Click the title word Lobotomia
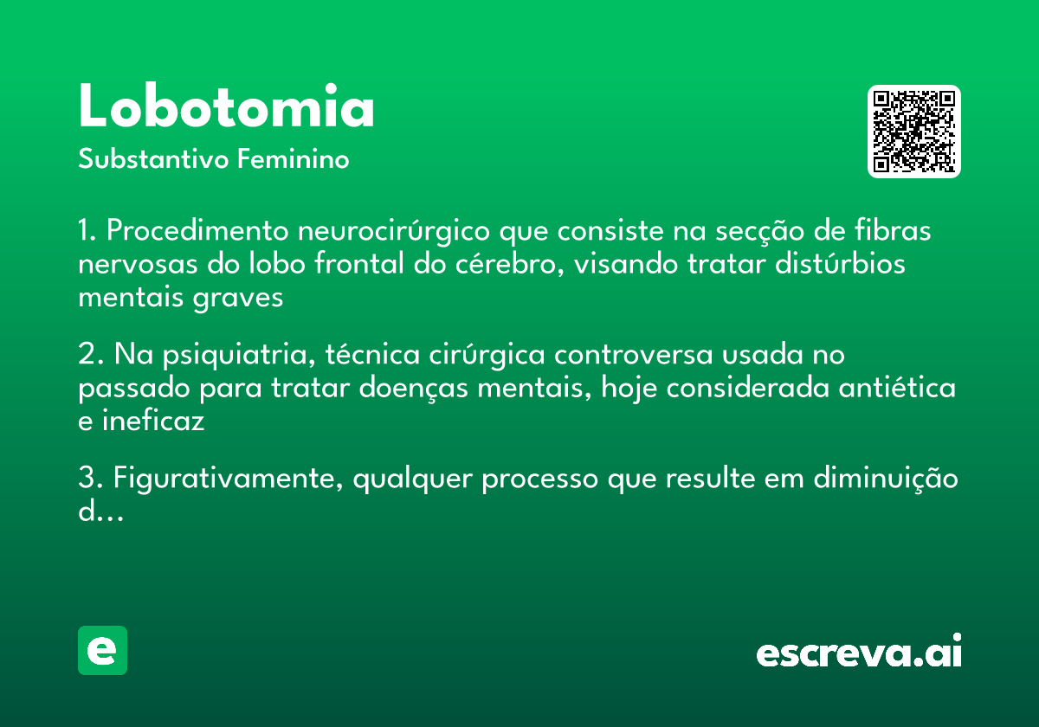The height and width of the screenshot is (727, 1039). pyautogui.click(x=226, y=106)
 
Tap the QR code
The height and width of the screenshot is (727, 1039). pyautogui.click(x=913, y=132)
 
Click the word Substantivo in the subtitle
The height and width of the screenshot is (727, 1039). pyautogui.click(x=153, y=159)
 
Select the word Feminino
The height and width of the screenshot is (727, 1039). pyautogui.click(x=294, y=159)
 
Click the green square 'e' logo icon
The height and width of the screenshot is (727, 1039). pyautogui.click(x=102, y=650)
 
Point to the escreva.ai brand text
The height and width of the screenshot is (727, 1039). pyautogui.click(x=859, y=651)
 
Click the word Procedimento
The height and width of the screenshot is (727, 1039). pyautogui.click(x=197, y=230)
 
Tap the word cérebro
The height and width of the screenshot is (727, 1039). pyautogui.click(x=509, y=265)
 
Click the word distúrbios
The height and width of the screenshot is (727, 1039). pyautogui.click(x=840, y=263)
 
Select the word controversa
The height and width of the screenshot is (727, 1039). pyautogui.click(x=633, y=355)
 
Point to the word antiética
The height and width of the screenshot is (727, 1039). pyautogui.click(x=897, y=387)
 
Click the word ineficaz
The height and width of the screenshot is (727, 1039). pyautogui.click(x=153, y=421)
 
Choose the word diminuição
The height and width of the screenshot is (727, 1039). pyautogui.click(x=886, y=479)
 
